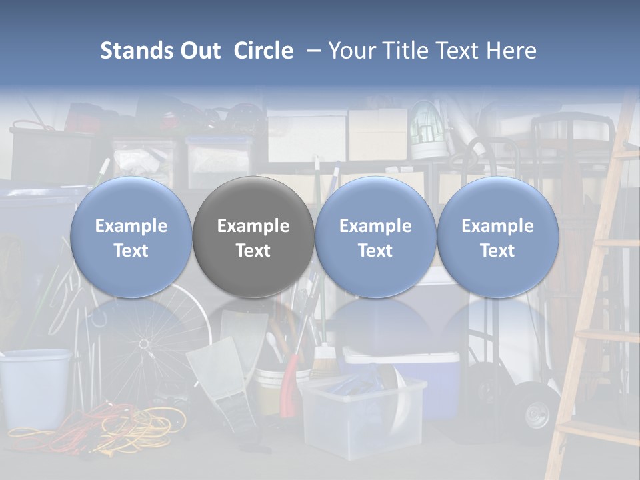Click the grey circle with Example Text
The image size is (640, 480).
(253, 237)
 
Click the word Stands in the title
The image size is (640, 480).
(137, 51)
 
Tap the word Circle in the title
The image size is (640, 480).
(263, 51)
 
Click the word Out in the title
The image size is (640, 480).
(200, 51)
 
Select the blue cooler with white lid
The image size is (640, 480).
(427, 380)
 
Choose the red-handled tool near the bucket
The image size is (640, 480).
(291, 387)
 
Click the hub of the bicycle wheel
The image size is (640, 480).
(143, 344)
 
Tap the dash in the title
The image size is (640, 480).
(311, 51)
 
